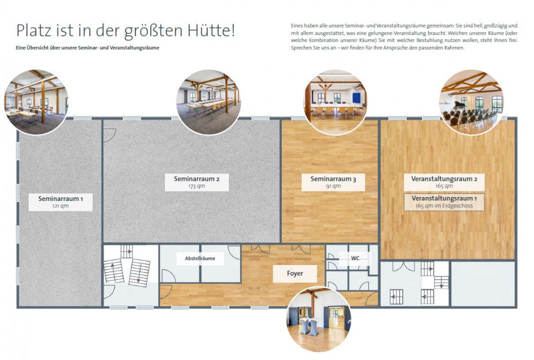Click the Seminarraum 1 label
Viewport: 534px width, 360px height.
pyautogui.click(x=60, y=202)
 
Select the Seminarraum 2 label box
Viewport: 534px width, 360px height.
pyautogui.click(x=197, y=182)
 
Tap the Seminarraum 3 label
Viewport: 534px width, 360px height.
pyautogui.click(x=333, y=182)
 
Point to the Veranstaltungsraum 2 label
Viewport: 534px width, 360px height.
pyautogui.click(x=444, y=182)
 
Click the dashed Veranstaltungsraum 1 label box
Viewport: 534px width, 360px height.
pyautogui.click(x=444, y=202)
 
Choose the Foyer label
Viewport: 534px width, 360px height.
pyautogui.click(x=295, y=274)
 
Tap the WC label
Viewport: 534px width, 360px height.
pyautogui.click(x=355, y=258)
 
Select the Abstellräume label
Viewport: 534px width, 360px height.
pyautogui.click(x=200, y=258)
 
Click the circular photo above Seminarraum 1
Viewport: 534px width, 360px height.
pyautogui.click(x=36, y=102)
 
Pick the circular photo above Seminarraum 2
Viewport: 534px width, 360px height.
pyautogui.click(x=208, y=102)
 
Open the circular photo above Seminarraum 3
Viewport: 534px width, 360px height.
pyautogui.click(x=336, y=102)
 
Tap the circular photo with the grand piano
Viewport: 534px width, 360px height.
pyautogui.click(x=472, y=102)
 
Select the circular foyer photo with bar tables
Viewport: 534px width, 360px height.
pyautogui.click(x=319, y=319)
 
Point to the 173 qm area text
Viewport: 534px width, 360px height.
pyautogui.click(x=197, y=186)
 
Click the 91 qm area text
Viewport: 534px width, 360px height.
pyautogui.click(x=333, y=186)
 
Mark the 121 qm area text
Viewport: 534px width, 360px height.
pyautogui.click(x=60, y=206)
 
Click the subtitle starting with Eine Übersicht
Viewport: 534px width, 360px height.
pyautogui.click(x=87, y=47)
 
